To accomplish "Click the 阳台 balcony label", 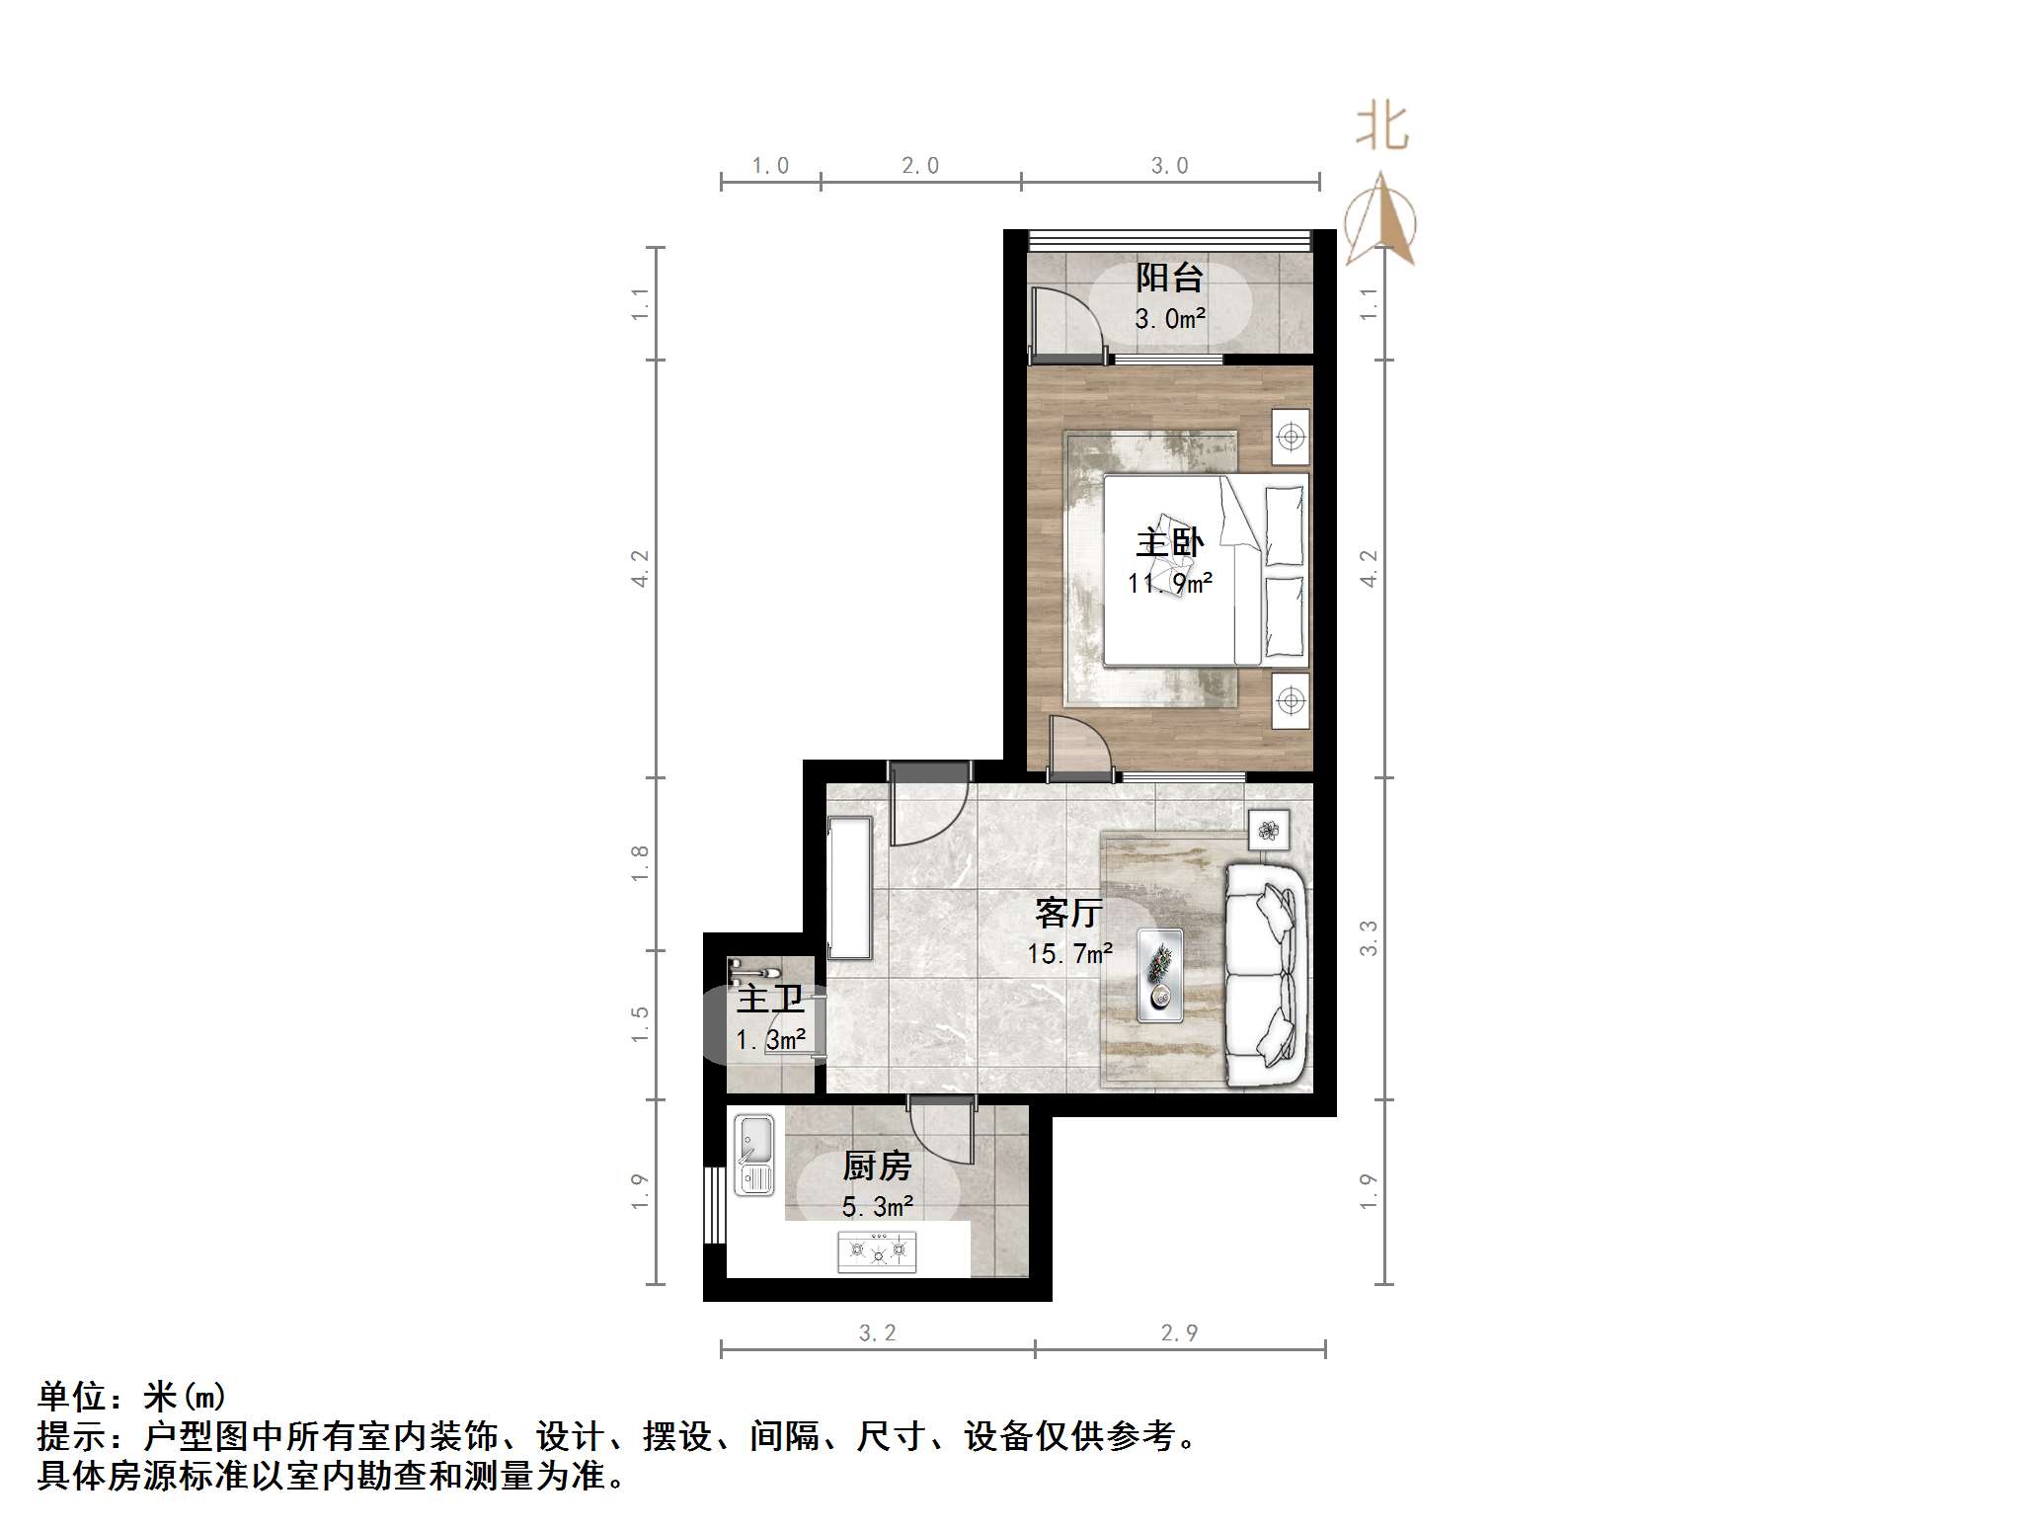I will click(1169, 278).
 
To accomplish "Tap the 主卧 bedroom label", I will click(1170, 542).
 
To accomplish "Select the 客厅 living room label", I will click(1068, 913).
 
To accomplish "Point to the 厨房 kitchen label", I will click(877, 1167).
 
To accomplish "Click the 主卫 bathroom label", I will click(770, 1000).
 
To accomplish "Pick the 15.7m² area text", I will click(1069, 954).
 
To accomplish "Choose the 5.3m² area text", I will click(877, 1207).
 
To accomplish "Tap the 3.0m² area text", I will click(1169, 319).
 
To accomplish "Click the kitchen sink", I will click(755, 1155).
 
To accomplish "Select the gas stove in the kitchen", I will click(877, 1251).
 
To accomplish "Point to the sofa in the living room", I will click(1267, 976).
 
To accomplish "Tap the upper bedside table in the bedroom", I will click(1291, 436).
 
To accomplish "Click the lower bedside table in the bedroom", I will click(1291, 700).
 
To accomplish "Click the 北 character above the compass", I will click(1381, 127).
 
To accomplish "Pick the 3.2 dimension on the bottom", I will click(877, 1333).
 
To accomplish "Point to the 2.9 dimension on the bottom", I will click(1179, 1333).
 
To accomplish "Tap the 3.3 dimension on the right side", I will click(1368, 937).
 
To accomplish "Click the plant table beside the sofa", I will click(1269, 830).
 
